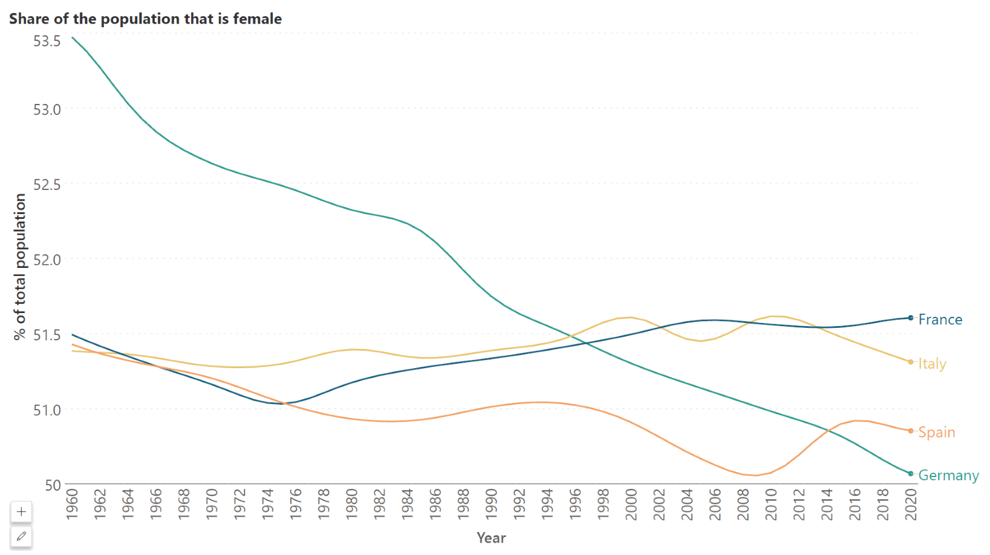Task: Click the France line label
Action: (x=940, y=319)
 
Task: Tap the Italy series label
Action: (x=932, y=363)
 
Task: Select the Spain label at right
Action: (x=936, y=432)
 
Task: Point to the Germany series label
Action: (x=948, y=475)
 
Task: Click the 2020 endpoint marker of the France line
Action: (x=910, y=318)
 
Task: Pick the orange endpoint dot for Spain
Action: (x=910, y=431)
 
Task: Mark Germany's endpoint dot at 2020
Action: (x=910, y=474)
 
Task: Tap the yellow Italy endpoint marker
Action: (x=910, y=362)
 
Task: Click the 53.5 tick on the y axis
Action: (x=47, y=41)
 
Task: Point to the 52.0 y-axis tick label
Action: (x=47, y=260)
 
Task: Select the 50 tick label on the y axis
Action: (x=53, y=485)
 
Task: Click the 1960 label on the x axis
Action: (x=72, y=504)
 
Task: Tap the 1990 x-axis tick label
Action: (x=491, y=504)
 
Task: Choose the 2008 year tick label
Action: (x=742, y=504)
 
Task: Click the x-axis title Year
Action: (x=491, y=538)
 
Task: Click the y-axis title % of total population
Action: (x=20, y=267)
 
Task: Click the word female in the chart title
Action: (x=257, y=19)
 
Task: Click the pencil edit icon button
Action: (x=21, y=536)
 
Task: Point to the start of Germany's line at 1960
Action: (x=73, y=38)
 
